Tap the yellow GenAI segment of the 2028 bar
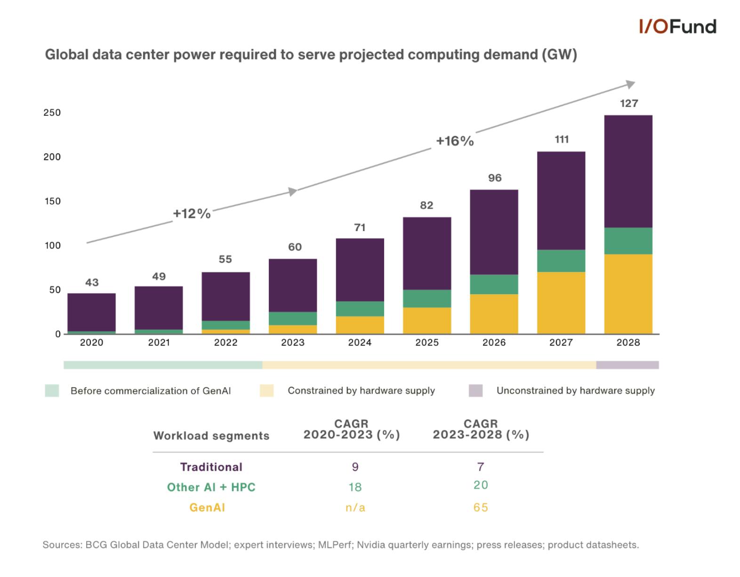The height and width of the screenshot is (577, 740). tap(628, 294)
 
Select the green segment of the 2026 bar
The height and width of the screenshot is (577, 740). tap(494, 284)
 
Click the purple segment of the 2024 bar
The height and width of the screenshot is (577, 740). tap(360, 270)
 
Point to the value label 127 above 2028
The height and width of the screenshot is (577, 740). tap(628, 103)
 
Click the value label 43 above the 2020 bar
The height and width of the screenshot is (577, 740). tap(92, 282)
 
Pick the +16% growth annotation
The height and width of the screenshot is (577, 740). tap(454, 141)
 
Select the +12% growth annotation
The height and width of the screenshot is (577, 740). tap(192, 214)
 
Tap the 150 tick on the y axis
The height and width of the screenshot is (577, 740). tap(52, 201)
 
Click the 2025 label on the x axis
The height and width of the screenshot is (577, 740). tap(426, 343)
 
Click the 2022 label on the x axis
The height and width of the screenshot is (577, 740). tap(225, 343)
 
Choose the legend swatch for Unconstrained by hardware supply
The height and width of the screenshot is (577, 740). tap(475, 391)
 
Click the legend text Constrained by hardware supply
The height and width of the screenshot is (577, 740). tap(361, 391)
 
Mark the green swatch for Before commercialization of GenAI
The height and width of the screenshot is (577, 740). tap(52, 391)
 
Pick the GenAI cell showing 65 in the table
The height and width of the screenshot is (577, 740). tap(480, 507)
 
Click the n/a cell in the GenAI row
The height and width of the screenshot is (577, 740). tap(355, 507)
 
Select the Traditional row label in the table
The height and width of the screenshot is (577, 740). tap(211, 467)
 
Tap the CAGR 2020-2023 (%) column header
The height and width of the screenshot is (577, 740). tap(351, 429)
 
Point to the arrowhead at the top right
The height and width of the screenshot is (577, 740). tap(630, 84)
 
